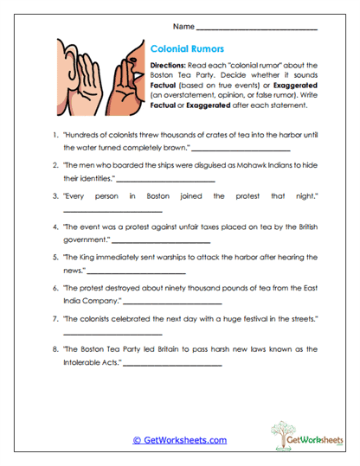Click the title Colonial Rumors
click(188, 50)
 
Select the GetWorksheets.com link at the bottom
click(179, 440)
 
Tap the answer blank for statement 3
click(113, 211)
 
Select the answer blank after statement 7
click(113, 333)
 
